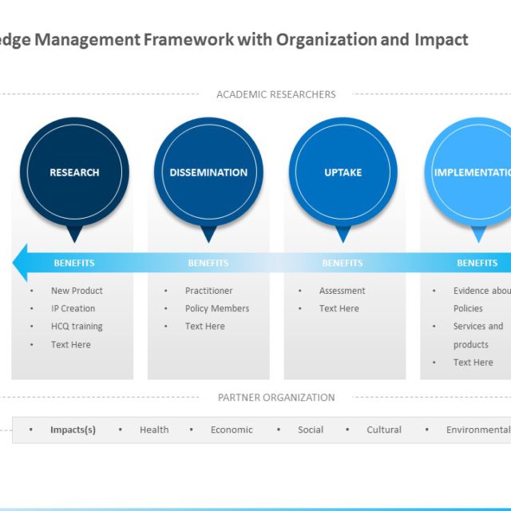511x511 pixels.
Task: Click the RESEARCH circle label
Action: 74,172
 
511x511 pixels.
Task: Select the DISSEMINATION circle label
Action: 208,172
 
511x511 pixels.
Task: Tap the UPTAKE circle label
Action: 343,172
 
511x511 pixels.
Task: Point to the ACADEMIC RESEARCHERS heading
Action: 276,94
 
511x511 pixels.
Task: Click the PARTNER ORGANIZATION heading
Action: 276,398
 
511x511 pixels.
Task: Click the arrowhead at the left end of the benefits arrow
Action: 21,263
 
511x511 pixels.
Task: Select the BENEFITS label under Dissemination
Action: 208,263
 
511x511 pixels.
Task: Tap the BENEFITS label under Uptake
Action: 343,263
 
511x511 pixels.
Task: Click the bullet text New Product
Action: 77,291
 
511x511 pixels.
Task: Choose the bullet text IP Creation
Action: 73,308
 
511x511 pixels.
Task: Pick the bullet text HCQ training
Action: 77,327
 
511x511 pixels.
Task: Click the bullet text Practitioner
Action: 208,291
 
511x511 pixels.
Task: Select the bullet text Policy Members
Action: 217,308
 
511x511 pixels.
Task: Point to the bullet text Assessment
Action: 343,291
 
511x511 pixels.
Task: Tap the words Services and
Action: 478,327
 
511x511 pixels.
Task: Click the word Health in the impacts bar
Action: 154,430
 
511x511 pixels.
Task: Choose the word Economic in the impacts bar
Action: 232,430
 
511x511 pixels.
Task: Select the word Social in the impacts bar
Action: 311,430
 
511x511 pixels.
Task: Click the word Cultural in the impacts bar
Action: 384,430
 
